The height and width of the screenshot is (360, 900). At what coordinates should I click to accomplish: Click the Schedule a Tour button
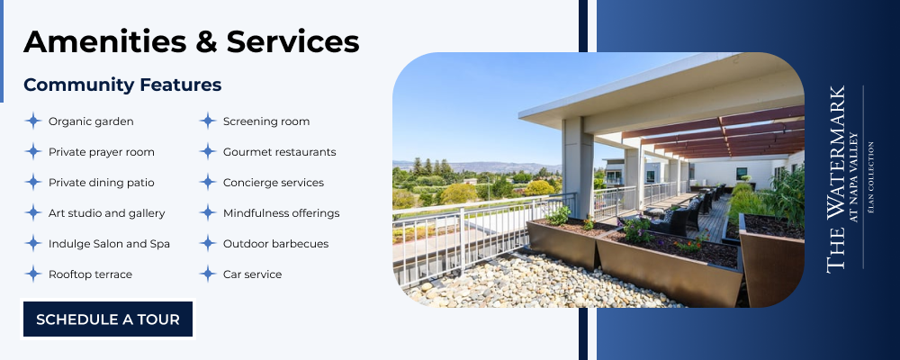pyautogui.click(x=108, y=319)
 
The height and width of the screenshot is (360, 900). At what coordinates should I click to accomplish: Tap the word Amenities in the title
pyautogui.click(x=105, y=41)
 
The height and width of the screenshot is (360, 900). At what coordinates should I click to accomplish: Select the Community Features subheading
pyautogui.click(x=122, y=85)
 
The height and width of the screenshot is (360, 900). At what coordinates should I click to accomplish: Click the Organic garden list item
pyautogui.click(x=91, y=121)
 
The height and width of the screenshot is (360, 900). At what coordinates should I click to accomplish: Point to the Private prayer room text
pyautogui.click(x=101, y=152)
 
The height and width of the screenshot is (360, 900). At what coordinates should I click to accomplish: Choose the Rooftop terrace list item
pyautogui.click(x=90, y=274)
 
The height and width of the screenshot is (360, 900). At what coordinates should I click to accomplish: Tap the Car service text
pyautogui.click(x=253, y=274)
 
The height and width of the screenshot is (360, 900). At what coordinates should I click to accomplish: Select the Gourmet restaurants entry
pyautogui.click(x=280, y=152)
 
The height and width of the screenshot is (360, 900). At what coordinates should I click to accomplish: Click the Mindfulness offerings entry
pyautogui.click(x=281, y=213)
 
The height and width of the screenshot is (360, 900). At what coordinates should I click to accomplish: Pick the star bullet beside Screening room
pyautogui.click(x=208, y=121)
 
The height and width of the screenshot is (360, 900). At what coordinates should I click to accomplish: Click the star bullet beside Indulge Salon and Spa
pyautogui.click(x=33, y=243)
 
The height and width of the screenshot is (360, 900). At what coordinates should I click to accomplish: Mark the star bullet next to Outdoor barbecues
pyautogui.click(x=208, y=243)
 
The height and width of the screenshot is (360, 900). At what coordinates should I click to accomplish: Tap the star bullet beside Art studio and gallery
pyautogui.click(x=33, y=213)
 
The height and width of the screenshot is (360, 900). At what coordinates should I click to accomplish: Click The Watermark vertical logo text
pyautogui.click(x=836, y=179)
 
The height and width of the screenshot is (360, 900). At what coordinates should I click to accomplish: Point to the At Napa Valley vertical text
pyautogui.click(x=853, y=177)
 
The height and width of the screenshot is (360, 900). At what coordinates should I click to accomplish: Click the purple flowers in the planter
pyautogui.click(x=636, y=229)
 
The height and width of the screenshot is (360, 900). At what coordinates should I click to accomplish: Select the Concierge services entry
pyautogui.click(x=274, y=183)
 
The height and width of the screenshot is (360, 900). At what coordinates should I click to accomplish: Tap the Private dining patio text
pyautogui.click(x=101, y=183)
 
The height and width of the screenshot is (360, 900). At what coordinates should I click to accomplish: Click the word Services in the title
pyautogui.click(x=292, y=41)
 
